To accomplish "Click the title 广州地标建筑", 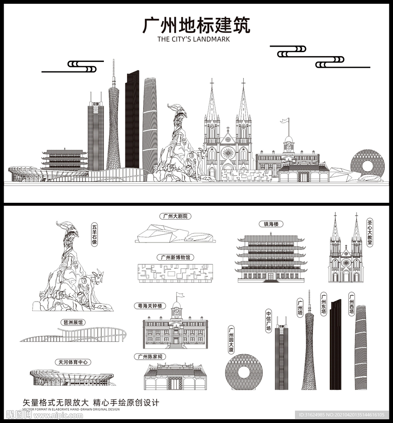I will click(196, 26).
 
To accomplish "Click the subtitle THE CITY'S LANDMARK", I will click(194, 40).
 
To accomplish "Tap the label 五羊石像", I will click(95, 235).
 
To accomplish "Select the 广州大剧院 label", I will click(175, 216).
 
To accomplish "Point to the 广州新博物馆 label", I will click(175, 257).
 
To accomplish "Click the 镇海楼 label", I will click(271, 224).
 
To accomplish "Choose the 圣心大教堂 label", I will click(370, 233).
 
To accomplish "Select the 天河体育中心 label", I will click(73, 362).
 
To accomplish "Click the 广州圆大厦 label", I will click(231, 340).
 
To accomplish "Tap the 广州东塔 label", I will click(324, 304).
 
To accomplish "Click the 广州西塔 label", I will click(351, 304).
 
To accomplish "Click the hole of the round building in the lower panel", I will click(244, 372).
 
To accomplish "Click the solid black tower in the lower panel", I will click(335, 345).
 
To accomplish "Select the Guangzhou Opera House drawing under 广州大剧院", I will click(175, 235).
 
